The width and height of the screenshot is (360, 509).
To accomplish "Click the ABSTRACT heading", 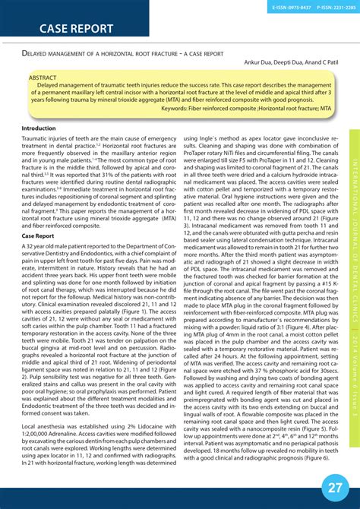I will [42, 77].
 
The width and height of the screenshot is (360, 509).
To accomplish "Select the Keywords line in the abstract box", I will [248, 109].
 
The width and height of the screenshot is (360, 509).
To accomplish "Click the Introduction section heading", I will [39, 128].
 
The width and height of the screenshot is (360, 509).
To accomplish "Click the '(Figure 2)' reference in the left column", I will [37, 375].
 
